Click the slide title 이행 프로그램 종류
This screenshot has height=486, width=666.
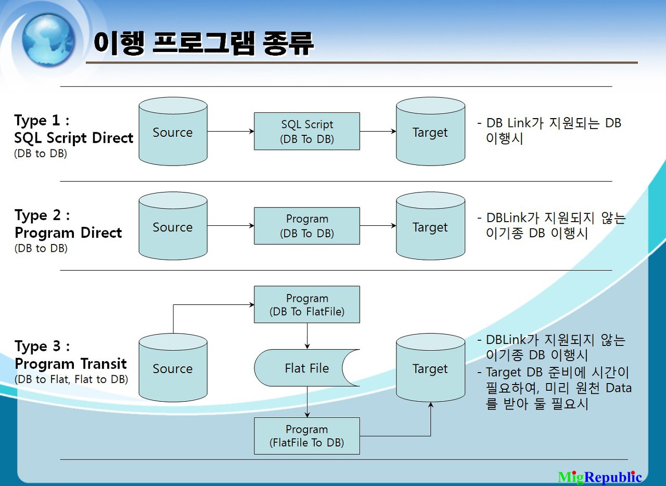click(203, 43)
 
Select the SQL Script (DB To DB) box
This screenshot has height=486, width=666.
click(307, 132)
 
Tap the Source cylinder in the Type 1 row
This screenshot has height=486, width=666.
click(173, 132)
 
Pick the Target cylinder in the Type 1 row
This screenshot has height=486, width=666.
click(430, 132)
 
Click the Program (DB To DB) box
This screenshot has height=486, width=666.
click(307, 226)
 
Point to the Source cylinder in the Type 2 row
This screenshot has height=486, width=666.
click(173, 227)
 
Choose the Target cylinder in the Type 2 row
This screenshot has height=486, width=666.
click(430, 227)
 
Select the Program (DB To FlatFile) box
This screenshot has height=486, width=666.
click(307, 305)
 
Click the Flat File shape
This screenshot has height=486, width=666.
click(306, 368)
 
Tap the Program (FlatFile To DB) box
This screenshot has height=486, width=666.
click(307, 436)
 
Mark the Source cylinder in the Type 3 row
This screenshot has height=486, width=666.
click(173, 368)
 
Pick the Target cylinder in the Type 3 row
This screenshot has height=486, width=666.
click(430, 368)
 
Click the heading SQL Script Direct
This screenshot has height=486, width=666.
click(74, 138)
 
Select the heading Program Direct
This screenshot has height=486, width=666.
click(68, 233)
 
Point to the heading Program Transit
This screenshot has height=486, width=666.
click(71, 363)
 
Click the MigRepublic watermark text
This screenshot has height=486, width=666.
click(600, 477)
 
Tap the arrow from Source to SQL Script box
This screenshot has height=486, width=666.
click(230, 132)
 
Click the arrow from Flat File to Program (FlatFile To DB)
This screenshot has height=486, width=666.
click(307, 402)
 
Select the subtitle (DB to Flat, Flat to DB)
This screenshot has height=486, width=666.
click(71, 379)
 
